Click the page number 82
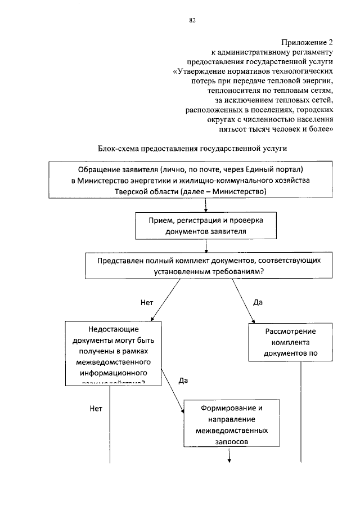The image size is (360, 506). click(192, 21)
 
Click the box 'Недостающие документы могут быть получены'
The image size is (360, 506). click(113, 352)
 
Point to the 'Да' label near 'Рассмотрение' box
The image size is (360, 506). click(258, 302)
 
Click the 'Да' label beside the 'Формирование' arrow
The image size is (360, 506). click(183, 381)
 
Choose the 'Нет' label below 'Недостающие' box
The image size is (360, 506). click(96, 409)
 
